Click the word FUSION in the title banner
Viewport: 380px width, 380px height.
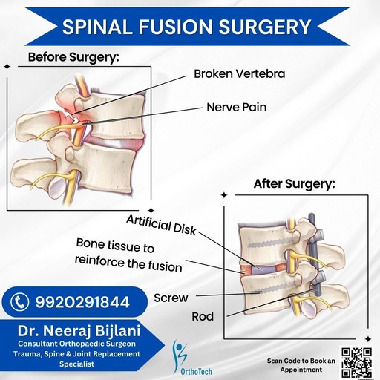click(175, 27)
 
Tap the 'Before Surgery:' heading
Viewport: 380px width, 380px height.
click(73, 57)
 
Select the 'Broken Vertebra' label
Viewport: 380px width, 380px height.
click(240, 73)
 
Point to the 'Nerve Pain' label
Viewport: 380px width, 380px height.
click(237, 108)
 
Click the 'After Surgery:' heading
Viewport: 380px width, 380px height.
click(295, 184)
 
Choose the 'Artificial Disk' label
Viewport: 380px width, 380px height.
click(161, 225)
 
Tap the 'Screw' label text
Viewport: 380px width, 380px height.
click(171, 298)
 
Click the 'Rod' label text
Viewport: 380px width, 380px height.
click(203, 316)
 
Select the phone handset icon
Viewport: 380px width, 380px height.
click(20, 302)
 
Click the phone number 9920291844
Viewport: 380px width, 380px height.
click(82, 302)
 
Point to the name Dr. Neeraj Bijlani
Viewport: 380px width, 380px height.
click(79, 331)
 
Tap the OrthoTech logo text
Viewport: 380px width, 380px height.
click(197, 371)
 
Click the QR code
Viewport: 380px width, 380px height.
click(357, 363)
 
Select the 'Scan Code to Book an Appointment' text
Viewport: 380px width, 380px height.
click(301, 365)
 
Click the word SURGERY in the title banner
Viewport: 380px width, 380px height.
click(265, 27)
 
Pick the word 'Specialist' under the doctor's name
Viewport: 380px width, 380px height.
click(76, 364)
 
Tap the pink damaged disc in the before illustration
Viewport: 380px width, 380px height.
click(114, 142)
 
